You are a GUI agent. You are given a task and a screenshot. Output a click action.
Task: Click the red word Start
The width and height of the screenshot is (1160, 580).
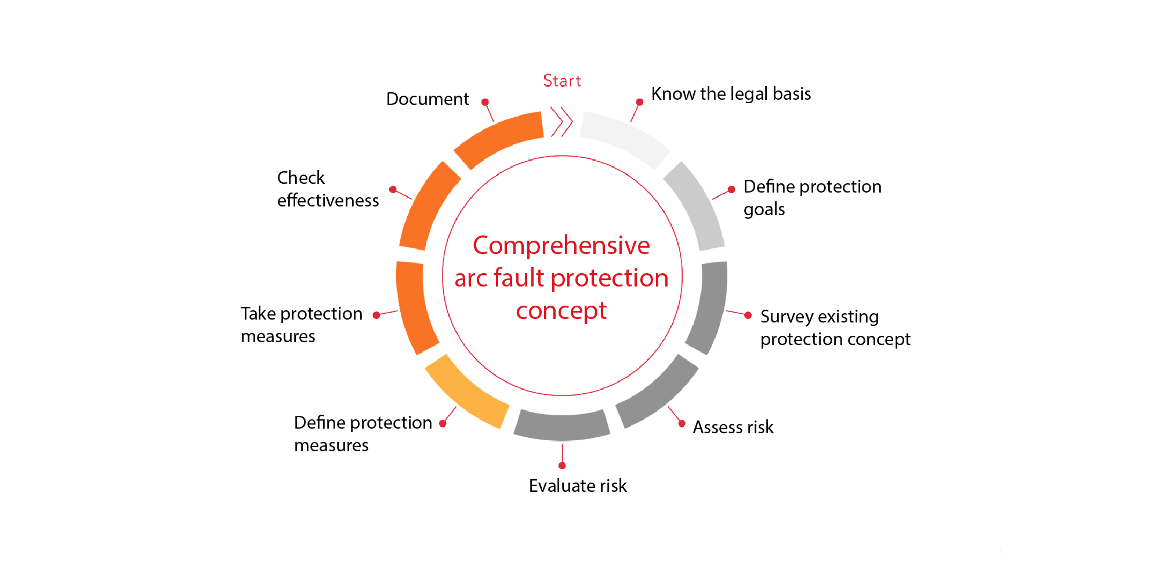(x=562, y=81)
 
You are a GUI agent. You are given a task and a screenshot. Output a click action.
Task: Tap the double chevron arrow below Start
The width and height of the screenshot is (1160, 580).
(x=561, y=122)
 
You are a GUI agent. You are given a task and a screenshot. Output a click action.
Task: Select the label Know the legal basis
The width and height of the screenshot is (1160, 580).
(x=731, y=94)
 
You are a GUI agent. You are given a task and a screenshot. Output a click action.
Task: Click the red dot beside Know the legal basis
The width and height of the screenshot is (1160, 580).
(x=640, y=102)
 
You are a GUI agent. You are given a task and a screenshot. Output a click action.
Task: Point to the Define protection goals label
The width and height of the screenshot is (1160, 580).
(x=812, y=198)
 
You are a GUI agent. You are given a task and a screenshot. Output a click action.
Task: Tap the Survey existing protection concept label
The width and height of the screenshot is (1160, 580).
(x=835, y=328)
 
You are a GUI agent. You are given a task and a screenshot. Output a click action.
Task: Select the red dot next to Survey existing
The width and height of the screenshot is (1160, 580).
(x=748, y=315)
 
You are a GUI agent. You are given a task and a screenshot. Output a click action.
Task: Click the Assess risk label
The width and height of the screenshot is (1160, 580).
(x=733, y=427)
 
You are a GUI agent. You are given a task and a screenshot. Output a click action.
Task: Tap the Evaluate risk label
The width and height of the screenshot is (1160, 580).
(x=578, y=485)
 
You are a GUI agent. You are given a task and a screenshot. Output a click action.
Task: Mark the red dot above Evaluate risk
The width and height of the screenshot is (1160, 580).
(x=562, y=466)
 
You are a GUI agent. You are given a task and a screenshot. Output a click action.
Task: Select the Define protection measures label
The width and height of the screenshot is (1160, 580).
(x=363, y=434)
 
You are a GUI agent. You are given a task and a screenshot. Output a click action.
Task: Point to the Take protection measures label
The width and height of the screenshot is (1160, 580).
(x=302, y=325)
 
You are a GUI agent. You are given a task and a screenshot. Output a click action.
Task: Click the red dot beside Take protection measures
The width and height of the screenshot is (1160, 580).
(x=376, y=315)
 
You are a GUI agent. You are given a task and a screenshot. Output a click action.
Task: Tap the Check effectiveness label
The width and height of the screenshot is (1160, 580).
(x=328, y=188)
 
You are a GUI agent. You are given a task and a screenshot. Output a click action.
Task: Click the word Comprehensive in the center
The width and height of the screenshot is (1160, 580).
(x=561, y=246)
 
